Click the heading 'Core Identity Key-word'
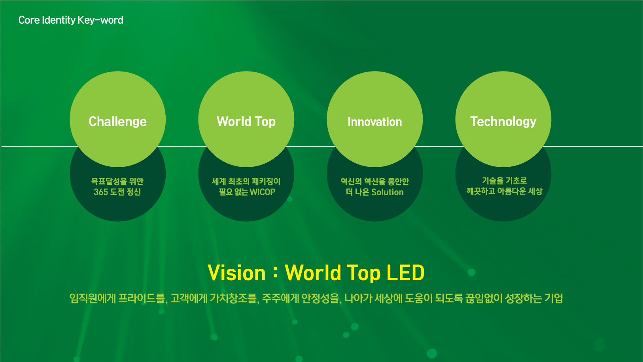pyautogui.click(x=71, y=20)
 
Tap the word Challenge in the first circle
pyautogui.click(x=118, y=122)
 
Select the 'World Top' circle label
pyautogui.click(x=246, y=122)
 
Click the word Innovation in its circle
pyautogui.click(x=374, y=122)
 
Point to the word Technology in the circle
pyautogui.click(x=503, y=122)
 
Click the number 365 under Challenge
pyautogui.click(x=101, y=192)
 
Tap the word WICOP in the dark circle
pyautogui.click(x=263, y=192)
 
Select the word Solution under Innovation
pyautogui.click(x=387, y=192)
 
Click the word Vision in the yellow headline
pyautogui.click(x=236, y=273)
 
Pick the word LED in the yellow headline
pyautogui.click(x=405, y=273)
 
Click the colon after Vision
pyautogui.click(x=275, y=273)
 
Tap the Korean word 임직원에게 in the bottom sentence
pyautogui.click(x=93, y=298)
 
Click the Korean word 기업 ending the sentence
pyautogui.click(x=554, y=298)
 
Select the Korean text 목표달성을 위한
pyautogui.click(x=117, y=181)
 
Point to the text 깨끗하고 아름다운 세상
pyautogui.click(x=504, y=191)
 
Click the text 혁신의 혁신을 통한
pyautogui.click(x=374, y=181)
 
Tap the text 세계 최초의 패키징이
pyautogui.click(x=246, y=181)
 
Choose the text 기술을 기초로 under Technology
pyautogui.click(x=504, y=181)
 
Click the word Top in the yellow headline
pyautogui.click(x=364, y=273)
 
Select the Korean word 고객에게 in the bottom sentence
pyautogui.click(x=189, y=298)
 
